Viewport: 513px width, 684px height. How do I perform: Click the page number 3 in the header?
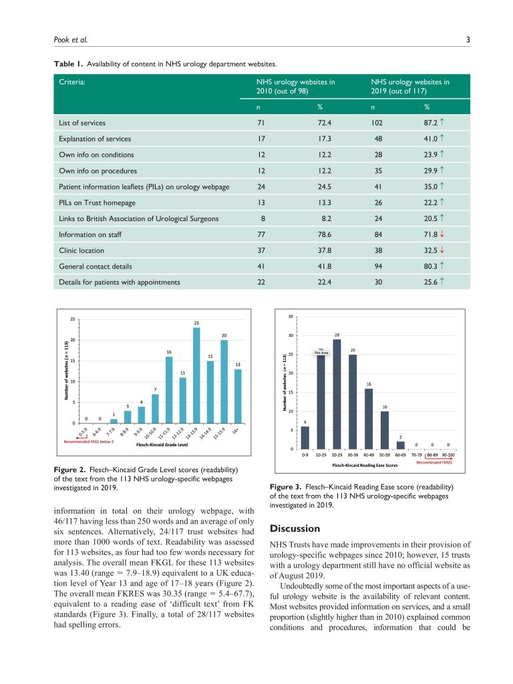(x=468, y=39)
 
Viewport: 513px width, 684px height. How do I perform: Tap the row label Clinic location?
(x=81, y=250)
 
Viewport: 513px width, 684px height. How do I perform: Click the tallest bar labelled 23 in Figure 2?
(x=196, y=375)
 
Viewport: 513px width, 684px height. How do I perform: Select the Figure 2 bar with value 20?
(x=224, y=381)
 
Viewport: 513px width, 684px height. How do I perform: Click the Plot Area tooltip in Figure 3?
(x=321, y=352)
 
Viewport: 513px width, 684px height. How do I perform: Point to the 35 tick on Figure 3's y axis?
(x=291, y=316)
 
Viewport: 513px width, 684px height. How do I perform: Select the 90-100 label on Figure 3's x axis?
(x=449, y=455)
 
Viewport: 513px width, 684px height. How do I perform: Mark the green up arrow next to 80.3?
(x=442, y=266)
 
